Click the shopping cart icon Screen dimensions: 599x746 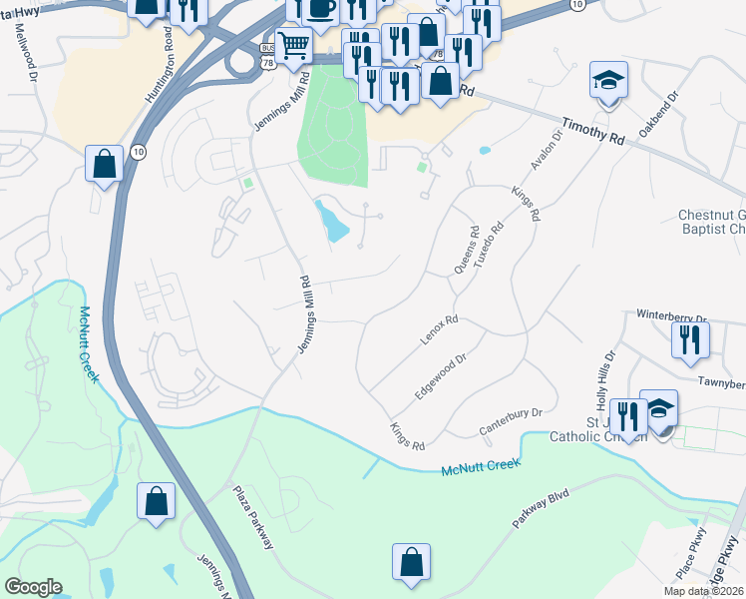coord(293,45)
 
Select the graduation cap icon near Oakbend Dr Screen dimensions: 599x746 coord(608,81)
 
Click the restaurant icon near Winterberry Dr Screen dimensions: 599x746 coord(690,339)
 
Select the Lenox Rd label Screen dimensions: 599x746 coord(439,330)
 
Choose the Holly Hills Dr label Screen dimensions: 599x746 coord(606,378)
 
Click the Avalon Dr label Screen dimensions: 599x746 coord(547,150)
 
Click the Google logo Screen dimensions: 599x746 coord(33,587)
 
